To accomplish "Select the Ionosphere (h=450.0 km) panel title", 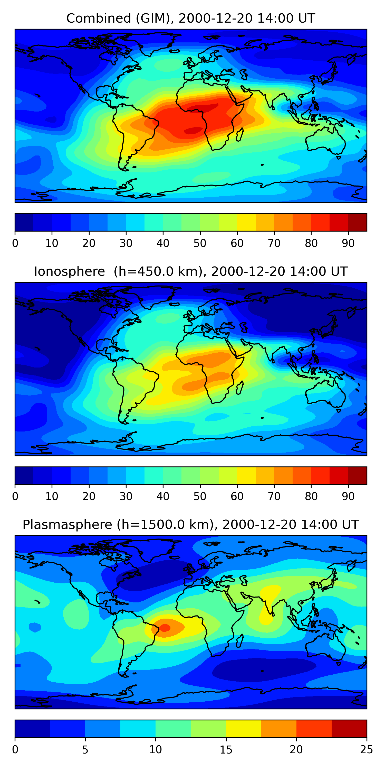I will (x=190, y=271).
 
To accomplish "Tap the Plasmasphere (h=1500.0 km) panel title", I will (x=190, y=525).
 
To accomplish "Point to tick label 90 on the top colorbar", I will (x=348, y=243).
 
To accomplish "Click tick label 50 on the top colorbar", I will (x=200, y=243).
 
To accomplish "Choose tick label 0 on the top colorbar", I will (x=15, y=243).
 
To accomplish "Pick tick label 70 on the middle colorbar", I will (x=274, y=497).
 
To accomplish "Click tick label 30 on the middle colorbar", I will (x=126, y=497).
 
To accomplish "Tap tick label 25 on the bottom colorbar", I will (x=367, y=750).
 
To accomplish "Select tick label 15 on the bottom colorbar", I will (x=226, y=750).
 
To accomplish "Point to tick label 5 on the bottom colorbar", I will (x=85, y=750).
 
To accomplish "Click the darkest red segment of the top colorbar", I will (x=358, y=222).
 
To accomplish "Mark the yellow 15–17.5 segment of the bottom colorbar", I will (x=244, y=729).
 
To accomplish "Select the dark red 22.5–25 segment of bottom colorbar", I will (x=349, y=729).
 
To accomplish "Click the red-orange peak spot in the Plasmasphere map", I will (x=165, y=628).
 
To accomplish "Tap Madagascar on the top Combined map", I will (x=240, y=135).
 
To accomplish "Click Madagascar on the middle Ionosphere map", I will (x=240, y=388).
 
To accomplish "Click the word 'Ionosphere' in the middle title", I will (x=69, y=271).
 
